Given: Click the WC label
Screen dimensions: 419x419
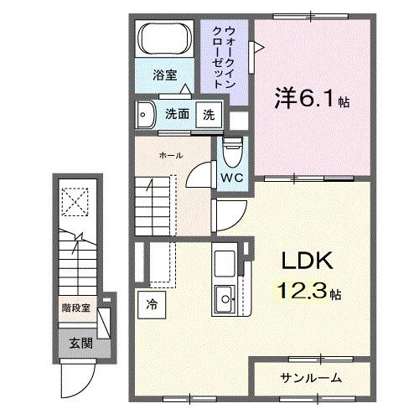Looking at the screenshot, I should [232, 178].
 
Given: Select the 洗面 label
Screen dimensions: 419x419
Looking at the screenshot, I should [176, 115].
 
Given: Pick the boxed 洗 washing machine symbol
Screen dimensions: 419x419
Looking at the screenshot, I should [208, 115].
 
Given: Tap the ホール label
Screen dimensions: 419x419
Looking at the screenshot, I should [171, 156].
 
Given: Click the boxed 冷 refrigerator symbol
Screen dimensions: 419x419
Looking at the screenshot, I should [152, 303].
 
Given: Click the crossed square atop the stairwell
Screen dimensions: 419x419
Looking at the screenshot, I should [77, 201].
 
